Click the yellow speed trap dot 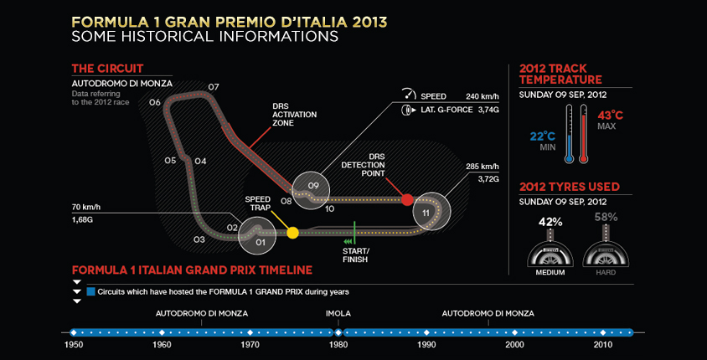click(293, 233)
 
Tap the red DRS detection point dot click(407, 199)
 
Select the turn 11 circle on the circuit click(431, 212)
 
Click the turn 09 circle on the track click(311, 191)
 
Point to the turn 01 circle click(257, 237)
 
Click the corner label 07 click(214, 86)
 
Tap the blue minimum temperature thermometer click(569, 134)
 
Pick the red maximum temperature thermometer click(584, 134)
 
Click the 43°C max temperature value click(610, 115)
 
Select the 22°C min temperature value click(543, 136)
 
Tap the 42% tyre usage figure click(550, 222)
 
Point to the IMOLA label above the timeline click(338, 314)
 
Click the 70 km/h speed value click(87, 208)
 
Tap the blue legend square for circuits click(90, 291)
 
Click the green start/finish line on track click(355, 233)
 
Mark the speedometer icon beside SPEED click(408, 94)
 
